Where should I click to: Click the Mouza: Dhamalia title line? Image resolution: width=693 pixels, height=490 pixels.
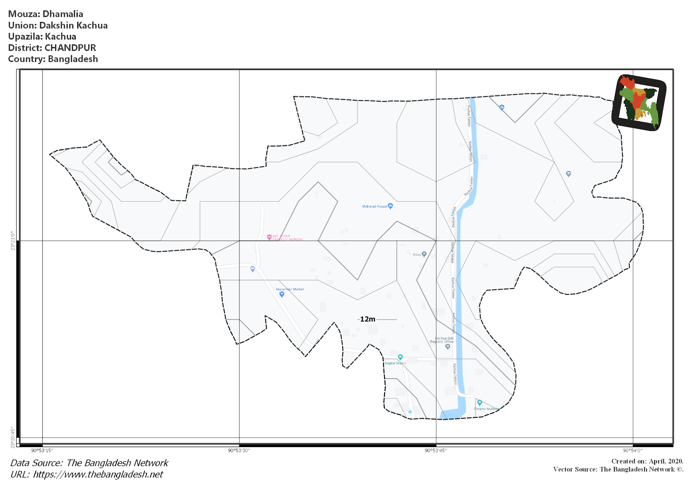pos(46,14)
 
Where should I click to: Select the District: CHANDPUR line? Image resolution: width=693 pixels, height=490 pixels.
pos(52,48)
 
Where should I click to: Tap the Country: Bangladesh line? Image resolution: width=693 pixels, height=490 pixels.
pos(53,59)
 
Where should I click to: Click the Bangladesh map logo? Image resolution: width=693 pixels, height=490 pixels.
pos(639,103)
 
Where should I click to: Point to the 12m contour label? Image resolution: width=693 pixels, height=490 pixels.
pos(367,319)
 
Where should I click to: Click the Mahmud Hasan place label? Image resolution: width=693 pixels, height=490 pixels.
pos(375,206)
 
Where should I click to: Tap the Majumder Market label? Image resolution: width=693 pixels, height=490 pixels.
pos(290,289)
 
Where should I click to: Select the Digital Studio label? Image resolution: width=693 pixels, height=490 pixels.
pos(395,363)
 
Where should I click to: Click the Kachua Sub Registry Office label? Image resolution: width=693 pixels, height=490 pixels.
pos(442,340)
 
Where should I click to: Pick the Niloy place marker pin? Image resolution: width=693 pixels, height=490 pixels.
pos(424,254)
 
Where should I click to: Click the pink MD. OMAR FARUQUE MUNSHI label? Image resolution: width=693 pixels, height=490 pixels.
pos(287,238)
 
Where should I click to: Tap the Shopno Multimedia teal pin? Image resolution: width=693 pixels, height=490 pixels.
pos(479,403)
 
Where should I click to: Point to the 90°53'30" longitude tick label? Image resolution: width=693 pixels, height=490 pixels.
pos(239,450)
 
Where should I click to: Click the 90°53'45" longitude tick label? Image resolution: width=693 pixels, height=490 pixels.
pos(436,450)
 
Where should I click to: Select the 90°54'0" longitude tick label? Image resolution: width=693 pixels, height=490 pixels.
pos(633,450)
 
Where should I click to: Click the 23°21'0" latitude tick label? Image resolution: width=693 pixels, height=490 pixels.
pos(13,241)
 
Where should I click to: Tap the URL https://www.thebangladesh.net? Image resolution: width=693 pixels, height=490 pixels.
pos(87,474)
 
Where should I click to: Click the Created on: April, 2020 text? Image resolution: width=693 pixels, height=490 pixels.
pos(647,461)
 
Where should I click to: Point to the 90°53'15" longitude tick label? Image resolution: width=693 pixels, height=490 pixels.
pos(42,450)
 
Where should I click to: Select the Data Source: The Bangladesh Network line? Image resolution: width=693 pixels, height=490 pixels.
pos(89,463)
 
